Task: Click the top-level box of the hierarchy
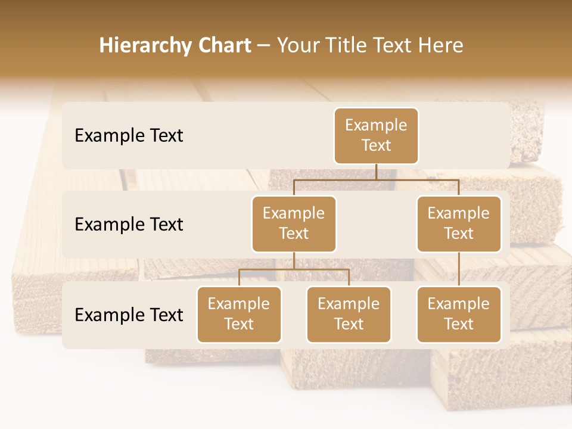tap(376, 135)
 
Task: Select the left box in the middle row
tap(294, 223)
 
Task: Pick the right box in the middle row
tap(459, 223)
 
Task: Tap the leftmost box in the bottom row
tap(239, 314)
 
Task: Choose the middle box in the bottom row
tap(349, 314)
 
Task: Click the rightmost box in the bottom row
tap(459, 314)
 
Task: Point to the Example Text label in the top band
tap(129, 136)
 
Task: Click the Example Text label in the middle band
tap(129, 225)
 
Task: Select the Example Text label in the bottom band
tap(129, 315)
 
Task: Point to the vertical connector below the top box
tap(376, 172)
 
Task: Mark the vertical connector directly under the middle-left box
tap(294, 260)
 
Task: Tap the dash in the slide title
tap(264, 46)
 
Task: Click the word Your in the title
tap(298, 46)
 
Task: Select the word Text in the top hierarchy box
tap(376, 145)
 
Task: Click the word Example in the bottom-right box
tap(459, 304)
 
